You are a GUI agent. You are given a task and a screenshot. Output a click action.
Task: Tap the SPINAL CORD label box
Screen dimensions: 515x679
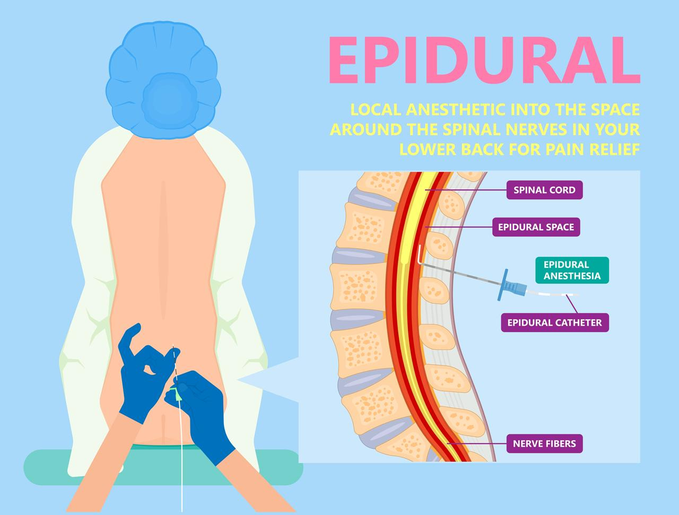pyautogui.click(x=544, y=190)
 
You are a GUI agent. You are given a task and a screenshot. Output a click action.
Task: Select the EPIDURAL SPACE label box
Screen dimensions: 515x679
pyautogui.click(x=536, y=227)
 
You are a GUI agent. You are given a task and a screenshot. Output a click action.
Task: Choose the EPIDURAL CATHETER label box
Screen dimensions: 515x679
pyautogui.click(x=554, y=322)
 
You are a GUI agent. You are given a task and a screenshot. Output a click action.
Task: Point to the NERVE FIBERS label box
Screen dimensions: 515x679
pyautogui.click(x=544, y=443)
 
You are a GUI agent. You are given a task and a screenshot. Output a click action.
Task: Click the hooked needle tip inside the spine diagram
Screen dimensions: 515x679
pyautogui.click(x=420, y=255)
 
